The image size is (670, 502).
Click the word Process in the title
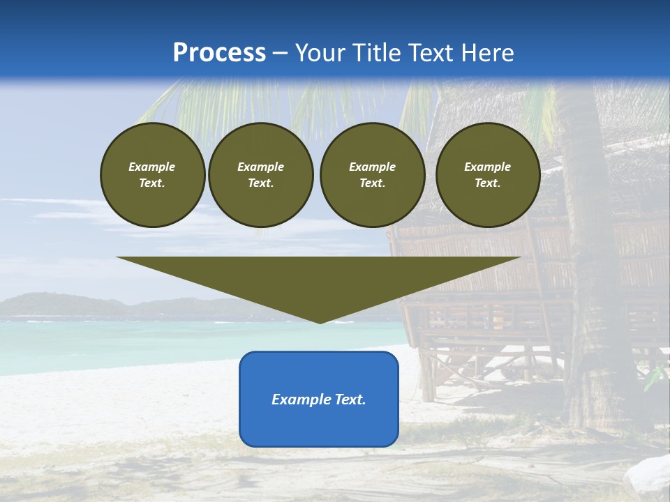pos(219,53)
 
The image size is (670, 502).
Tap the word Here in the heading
pos(485,53)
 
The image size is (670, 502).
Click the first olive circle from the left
pos(152,175)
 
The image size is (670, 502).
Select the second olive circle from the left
pos(260,175)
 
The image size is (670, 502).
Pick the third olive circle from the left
pos(372,175)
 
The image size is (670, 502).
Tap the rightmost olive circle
pos(488,175)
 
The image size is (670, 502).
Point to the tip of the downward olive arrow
pos(320,321)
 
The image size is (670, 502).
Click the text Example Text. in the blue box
pos(319,400)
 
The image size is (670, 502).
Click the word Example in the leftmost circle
pos(152,167)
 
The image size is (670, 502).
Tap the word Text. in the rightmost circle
pos(488,183)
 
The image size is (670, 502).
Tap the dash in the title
pos(281,53)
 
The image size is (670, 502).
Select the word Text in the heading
pos(429,53)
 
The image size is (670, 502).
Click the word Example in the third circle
pos(372,167)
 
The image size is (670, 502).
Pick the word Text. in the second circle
pos(260,183)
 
